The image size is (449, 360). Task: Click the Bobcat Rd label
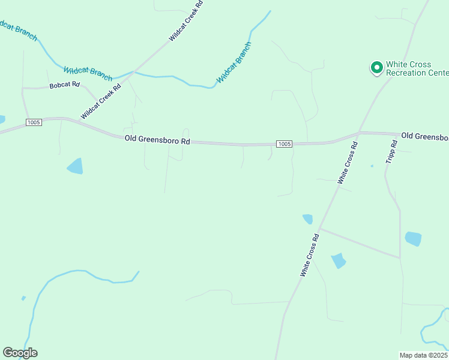[x=65, y=85]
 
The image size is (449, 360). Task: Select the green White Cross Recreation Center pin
[x=376, y=68]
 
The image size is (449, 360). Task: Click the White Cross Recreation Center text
[x=417, y=68]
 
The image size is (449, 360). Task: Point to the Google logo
[x=20, y=353]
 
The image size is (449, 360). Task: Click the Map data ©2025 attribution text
[x=424, y=355]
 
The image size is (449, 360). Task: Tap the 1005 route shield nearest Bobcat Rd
[x=34, y=122]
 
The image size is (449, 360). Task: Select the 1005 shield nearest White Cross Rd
[x=285, y=143]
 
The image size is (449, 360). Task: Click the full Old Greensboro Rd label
[x=157, y=139]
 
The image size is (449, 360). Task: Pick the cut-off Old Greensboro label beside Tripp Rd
[x=424, y=136]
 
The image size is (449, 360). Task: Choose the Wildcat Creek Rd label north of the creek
[x=186, y=20]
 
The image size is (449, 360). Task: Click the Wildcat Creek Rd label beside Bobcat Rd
[x=101, y=101]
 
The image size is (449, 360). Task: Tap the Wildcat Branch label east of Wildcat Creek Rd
[x=234, y=62]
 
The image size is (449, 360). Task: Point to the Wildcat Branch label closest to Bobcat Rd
[x=88, y=73]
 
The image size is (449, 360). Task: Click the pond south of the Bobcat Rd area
[x=75, y=166]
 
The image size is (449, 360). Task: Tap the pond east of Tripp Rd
[x=413, y=238]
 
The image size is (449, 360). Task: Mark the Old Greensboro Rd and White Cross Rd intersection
[x=359, y=132]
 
